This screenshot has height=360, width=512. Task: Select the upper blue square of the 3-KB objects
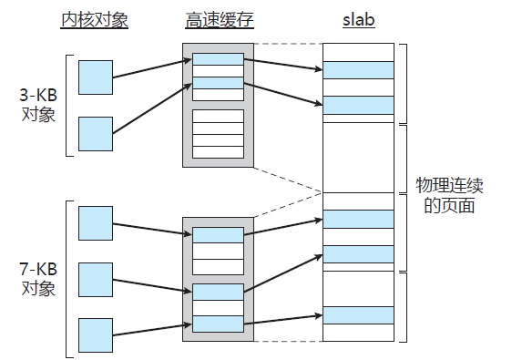point(96,77)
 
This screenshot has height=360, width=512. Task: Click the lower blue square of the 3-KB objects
point(96,133)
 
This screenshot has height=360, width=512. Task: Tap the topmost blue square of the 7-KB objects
point(96,222)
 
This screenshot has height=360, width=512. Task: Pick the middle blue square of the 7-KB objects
point(96,279)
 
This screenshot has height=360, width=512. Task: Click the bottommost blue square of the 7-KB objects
point(96,334)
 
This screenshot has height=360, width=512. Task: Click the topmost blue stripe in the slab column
point(358,70)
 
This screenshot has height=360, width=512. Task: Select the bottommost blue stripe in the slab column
point(358,314)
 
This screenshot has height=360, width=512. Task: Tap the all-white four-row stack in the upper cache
point(218,132)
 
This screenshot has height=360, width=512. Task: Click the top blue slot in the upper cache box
point(218,60)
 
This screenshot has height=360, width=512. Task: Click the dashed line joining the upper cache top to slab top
point(288,44)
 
